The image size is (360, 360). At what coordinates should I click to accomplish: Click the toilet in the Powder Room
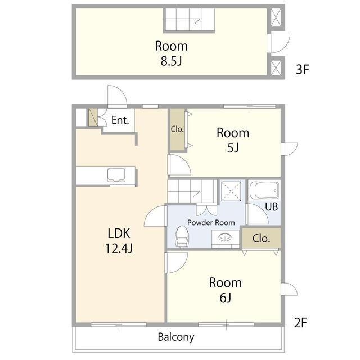[x=182, y=237]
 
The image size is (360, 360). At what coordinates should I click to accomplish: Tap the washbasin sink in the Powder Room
[x=225, y=237]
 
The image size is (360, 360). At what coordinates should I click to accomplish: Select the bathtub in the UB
[x=264, y=191]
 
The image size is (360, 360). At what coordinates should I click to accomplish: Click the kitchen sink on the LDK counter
[x=116, y=175]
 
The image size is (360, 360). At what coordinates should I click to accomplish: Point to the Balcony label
[x=176, y=337]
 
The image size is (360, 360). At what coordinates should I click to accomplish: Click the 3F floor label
[x=303, y=69]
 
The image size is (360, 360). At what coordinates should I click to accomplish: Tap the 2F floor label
[x=301, y=323]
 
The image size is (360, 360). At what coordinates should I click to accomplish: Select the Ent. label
[x=120, y=120]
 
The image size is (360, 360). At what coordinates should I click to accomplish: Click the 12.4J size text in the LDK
[x=119, y=248]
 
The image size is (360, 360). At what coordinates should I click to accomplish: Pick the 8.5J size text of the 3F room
[x=172, y=61]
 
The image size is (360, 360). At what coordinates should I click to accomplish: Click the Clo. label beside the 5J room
[x=177, y=129]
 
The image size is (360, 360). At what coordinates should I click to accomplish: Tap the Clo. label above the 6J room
[x=261, y=238]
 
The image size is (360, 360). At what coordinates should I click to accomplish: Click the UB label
[x=272, y=206]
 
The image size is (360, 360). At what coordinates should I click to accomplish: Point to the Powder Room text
[x=211, y=223]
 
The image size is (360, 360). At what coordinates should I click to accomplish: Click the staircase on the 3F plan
[x=190, y=20]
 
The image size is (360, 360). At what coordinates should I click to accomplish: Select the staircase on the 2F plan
[x=192, y=191]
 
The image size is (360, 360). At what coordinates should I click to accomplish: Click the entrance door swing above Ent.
[x=117, y=96]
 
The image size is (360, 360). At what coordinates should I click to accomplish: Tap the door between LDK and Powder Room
[x=156, y=216]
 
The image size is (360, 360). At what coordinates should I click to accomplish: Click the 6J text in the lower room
[x=225, y=298]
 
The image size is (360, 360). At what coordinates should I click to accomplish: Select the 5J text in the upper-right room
[x=233, y=148]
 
